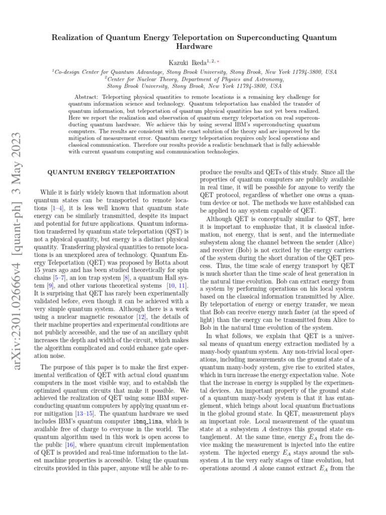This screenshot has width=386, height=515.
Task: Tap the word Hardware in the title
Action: (193, 47)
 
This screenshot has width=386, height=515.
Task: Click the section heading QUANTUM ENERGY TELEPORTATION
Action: (111, 172)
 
